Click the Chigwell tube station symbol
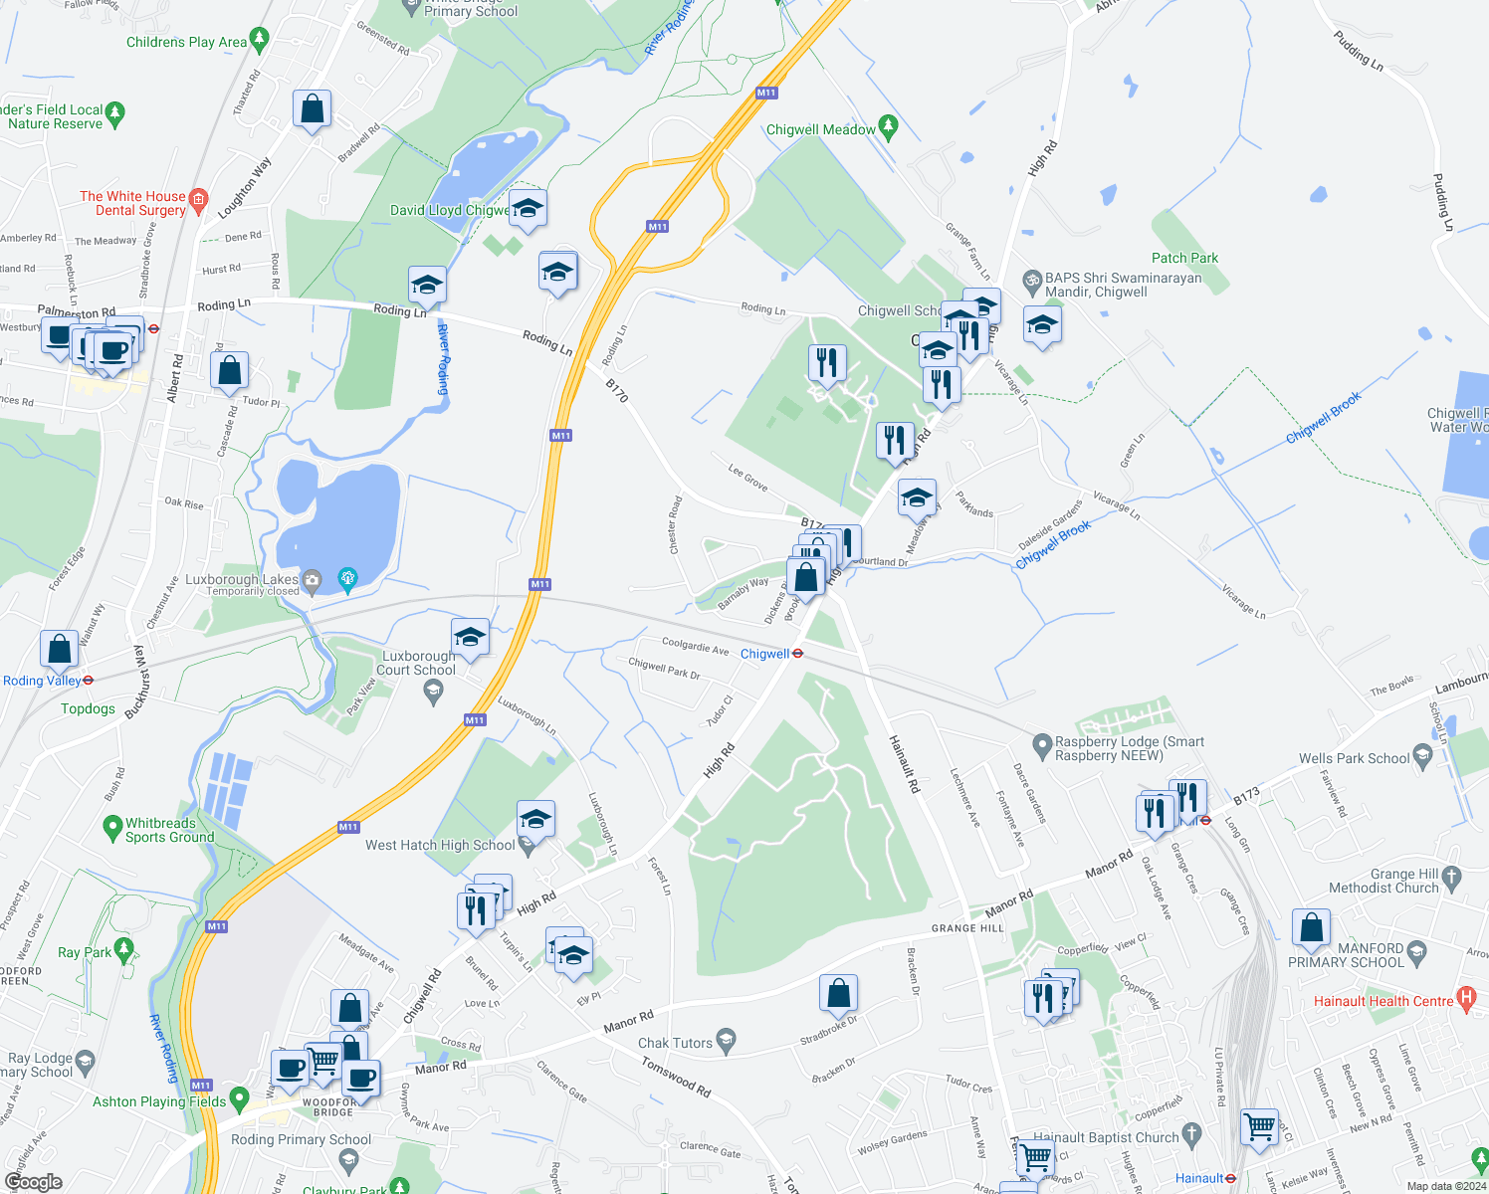point(798,654)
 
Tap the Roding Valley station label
point(42,681)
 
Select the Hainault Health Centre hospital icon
point(1466,996)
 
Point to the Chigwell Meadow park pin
point(889,126)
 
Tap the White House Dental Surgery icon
point(198,199)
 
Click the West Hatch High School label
point(440,846)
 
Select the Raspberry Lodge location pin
point(1042,744)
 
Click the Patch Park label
point(1184,258)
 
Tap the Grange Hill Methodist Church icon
point(1451,877)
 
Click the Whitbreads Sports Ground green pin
point(112,826)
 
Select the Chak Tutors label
point(675,1043)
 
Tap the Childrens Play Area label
point(186,42)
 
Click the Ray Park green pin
point(123,949)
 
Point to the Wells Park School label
point(1354,758)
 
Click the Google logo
point(34,1181)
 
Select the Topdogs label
point(88,708)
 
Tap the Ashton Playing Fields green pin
point(239,1098)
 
